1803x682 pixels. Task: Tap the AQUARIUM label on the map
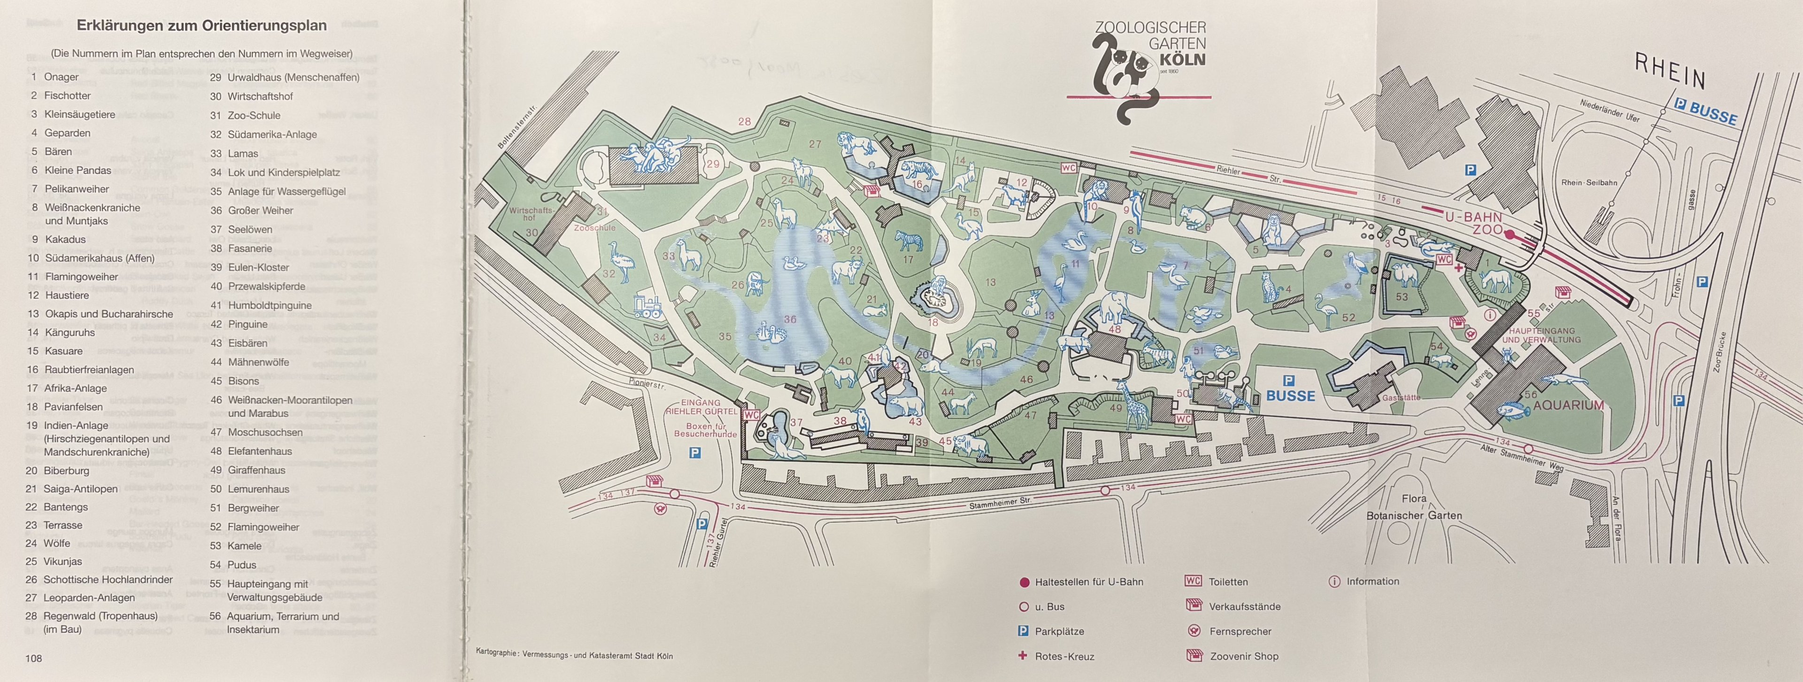click(x=1568, y=405)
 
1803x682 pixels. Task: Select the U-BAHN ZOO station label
click(x=1474, y=223)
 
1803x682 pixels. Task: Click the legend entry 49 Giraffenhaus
click(x=251, y=470)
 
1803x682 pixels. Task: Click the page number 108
click(x=34, y=658)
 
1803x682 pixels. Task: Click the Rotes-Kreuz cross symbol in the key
click(x=1023, y=656)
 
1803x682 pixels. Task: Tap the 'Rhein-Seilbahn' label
click(x=1589, y=183)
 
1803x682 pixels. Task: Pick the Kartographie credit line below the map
click(x=574, y=655)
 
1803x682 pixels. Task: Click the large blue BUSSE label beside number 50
click(x=1290, y=395)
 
